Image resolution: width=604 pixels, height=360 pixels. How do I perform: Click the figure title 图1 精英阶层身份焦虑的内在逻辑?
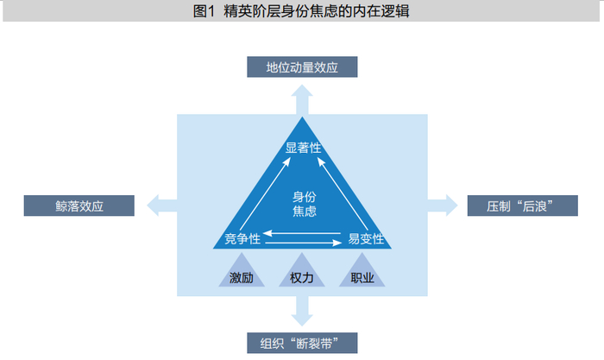click(x=302, y=11)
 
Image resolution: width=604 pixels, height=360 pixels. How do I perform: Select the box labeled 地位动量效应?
click(x=302, y=66)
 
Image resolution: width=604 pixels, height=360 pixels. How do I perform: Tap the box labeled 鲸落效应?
click(x=79, y=205)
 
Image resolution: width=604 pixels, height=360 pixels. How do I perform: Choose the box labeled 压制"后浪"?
click(x=523, y=205)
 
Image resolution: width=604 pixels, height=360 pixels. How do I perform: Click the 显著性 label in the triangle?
click(x=303, y=148)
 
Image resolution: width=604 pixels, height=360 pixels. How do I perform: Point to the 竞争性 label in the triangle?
click(x=242, y=238)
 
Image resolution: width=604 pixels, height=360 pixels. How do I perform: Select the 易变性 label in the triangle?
click(x=365, y=238)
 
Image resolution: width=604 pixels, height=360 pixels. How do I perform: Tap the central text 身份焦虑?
click(x=304, y=203)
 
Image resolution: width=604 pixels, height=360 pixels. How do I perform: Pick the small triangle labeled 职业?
click(x=362, y=275)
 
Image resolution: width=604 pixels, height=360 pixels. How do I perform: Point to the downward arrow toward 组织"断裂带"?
click(x=302, y=309)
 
